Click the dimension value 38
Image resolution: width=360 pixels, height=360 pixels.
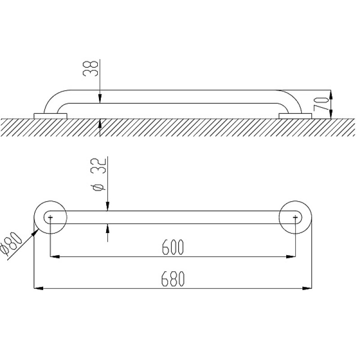click(90, 68)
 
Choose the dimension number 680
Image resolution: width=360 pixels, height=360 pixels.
click(173, 279)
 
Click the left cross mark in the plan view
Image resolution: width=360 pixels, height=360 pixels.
click(50, 217)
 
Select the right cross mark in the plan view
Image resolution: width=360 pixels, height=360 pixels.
click(295, 217)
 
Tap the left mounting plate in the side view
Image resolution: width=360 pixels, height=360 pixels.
click(50, 116)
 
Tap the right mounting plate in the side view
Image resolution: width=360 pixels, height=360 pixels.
click(295, 116)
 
